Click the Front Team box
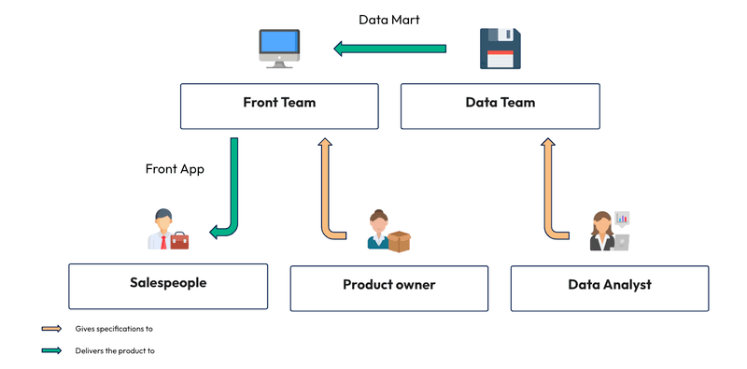(279, 105)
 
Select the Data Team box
(500, 105)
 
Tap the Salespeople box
(168, 286)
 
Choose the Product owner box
(388, 288)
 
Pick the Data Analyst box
(609, 288)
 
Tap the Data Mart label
(388, 19)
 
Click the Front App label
(174, 169)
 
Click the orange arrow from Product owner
(326, 187)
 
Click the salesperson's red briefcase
(179, 241)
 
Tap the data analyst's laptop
(620, 243)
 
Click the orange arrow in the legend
(51, 329)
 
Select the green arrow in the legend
(51, 351)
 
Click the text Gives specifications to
(113, 329)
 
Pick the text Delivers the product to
(115, 351)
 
